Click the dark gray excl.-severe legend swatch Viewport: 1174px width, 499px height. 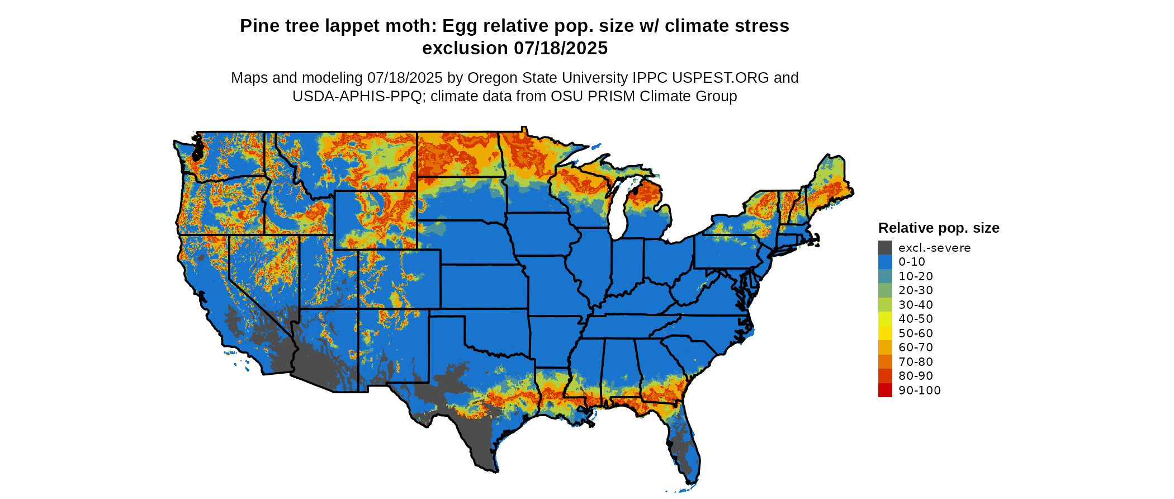pyautogui.click(x=885, y=248)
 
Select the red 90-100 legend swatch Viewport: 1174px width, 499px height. pyautogui.click(x=885, y=390)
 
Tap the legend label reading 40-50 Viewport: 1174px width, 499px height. pyautogui.click(x=916, y=319)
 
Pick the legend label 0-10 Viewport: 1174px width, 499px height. pyautogui.click(x=912, y=262)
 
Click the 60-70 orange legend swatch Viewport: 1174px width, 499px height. pyautogui.click(x=885, y=347)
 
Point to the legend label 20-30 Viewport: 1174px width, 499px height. pyautogui.click(x=916, y=290)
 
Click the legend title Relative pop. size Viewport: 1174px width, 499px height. pyautogui.click(x=939, y=228)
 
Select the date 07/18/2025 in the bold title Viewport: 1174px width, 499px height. pyautogui.click(x=561, y=49)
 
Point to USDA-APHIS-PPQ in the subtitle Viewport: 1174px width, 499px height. pyautogui.click(x=357, y=96)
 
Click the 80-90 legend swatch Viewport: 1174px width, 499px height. pyautogui.click(x=885, y=376)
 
